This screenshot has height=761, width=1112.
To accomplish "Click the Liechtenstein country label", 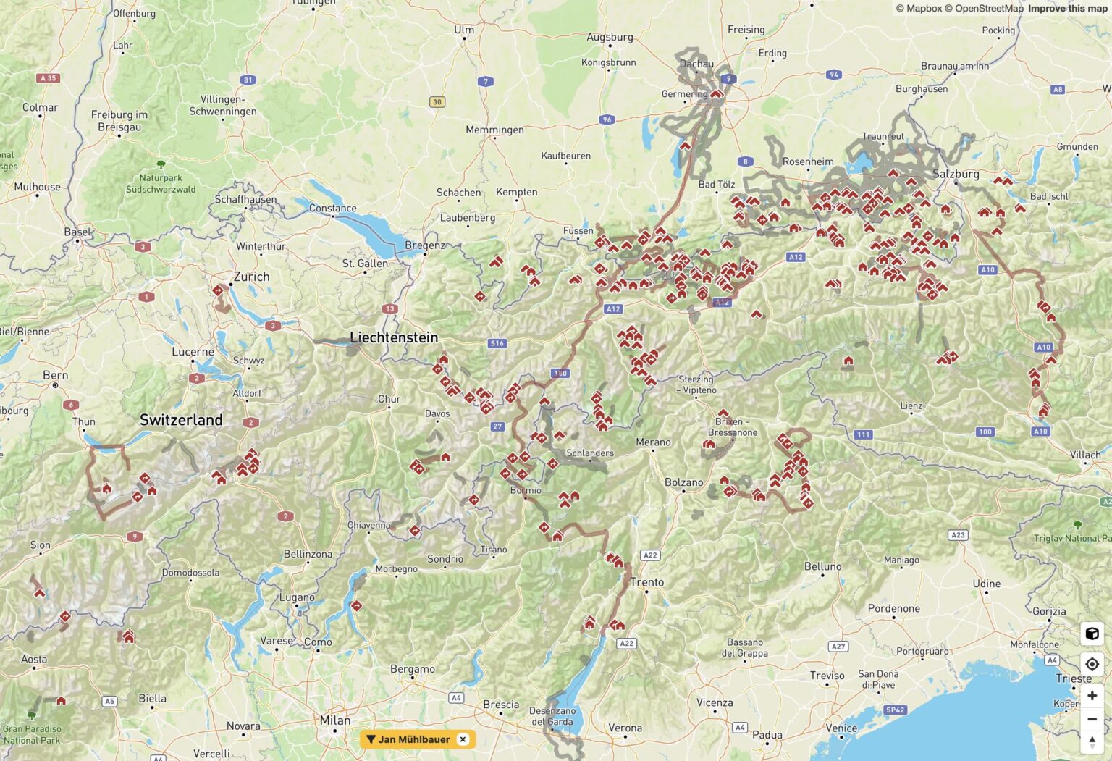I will [x=394, y=337].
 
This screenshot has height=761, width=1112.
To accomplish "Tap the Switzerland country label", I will [x=181, y=420].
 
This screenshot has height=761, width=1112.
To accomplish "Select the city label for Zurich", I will [x=251, y=277].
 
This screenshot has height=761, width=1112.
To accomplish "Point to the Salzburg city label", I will [x=956, y=174].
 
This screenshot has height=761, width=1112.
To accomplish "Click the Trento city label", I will [x=646, y=582].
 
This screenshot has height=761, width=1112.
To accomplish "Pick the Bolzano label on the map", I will [x=683, y=482].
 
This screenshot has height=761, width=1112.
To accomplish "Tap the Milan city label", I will [x=335, y=720].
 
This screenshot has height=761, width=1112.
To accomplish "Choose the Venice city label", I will [x=841, y=728].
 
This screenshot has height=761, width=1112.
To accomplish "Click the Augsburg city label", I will [x=610, y=37].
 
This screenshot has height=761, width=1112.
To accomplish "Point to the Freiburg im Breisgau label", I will [x=119, y=121].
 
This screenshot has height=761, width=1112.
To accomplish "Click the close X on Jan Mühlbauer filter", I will [x=463, y=739].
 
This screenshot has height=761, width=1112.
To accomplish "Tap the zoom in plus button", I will [x=1092, y=696].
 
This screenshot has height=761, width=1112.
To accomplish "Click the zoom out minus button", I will [x=1092, y=719].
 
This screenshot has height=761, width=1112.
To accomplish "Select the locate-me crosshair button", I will [x=1092, y=664].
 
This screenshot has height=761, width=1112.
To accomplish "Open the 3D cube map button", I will [x=1092, y=634].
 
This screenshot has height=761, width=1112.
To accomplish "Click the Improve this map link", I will [x=1067, y=9].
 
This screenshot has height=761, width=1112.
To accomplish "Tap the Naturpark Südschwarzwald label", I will [x=161, y=183].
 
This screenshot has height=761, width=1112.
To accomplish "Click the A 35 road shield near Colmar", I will [x=48, y=78].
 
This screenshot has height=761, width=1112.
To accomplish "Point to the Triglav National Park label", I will [x=1071, y=538].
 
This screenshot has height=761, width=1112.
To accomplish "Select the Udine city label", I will [x=986, y=584].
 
